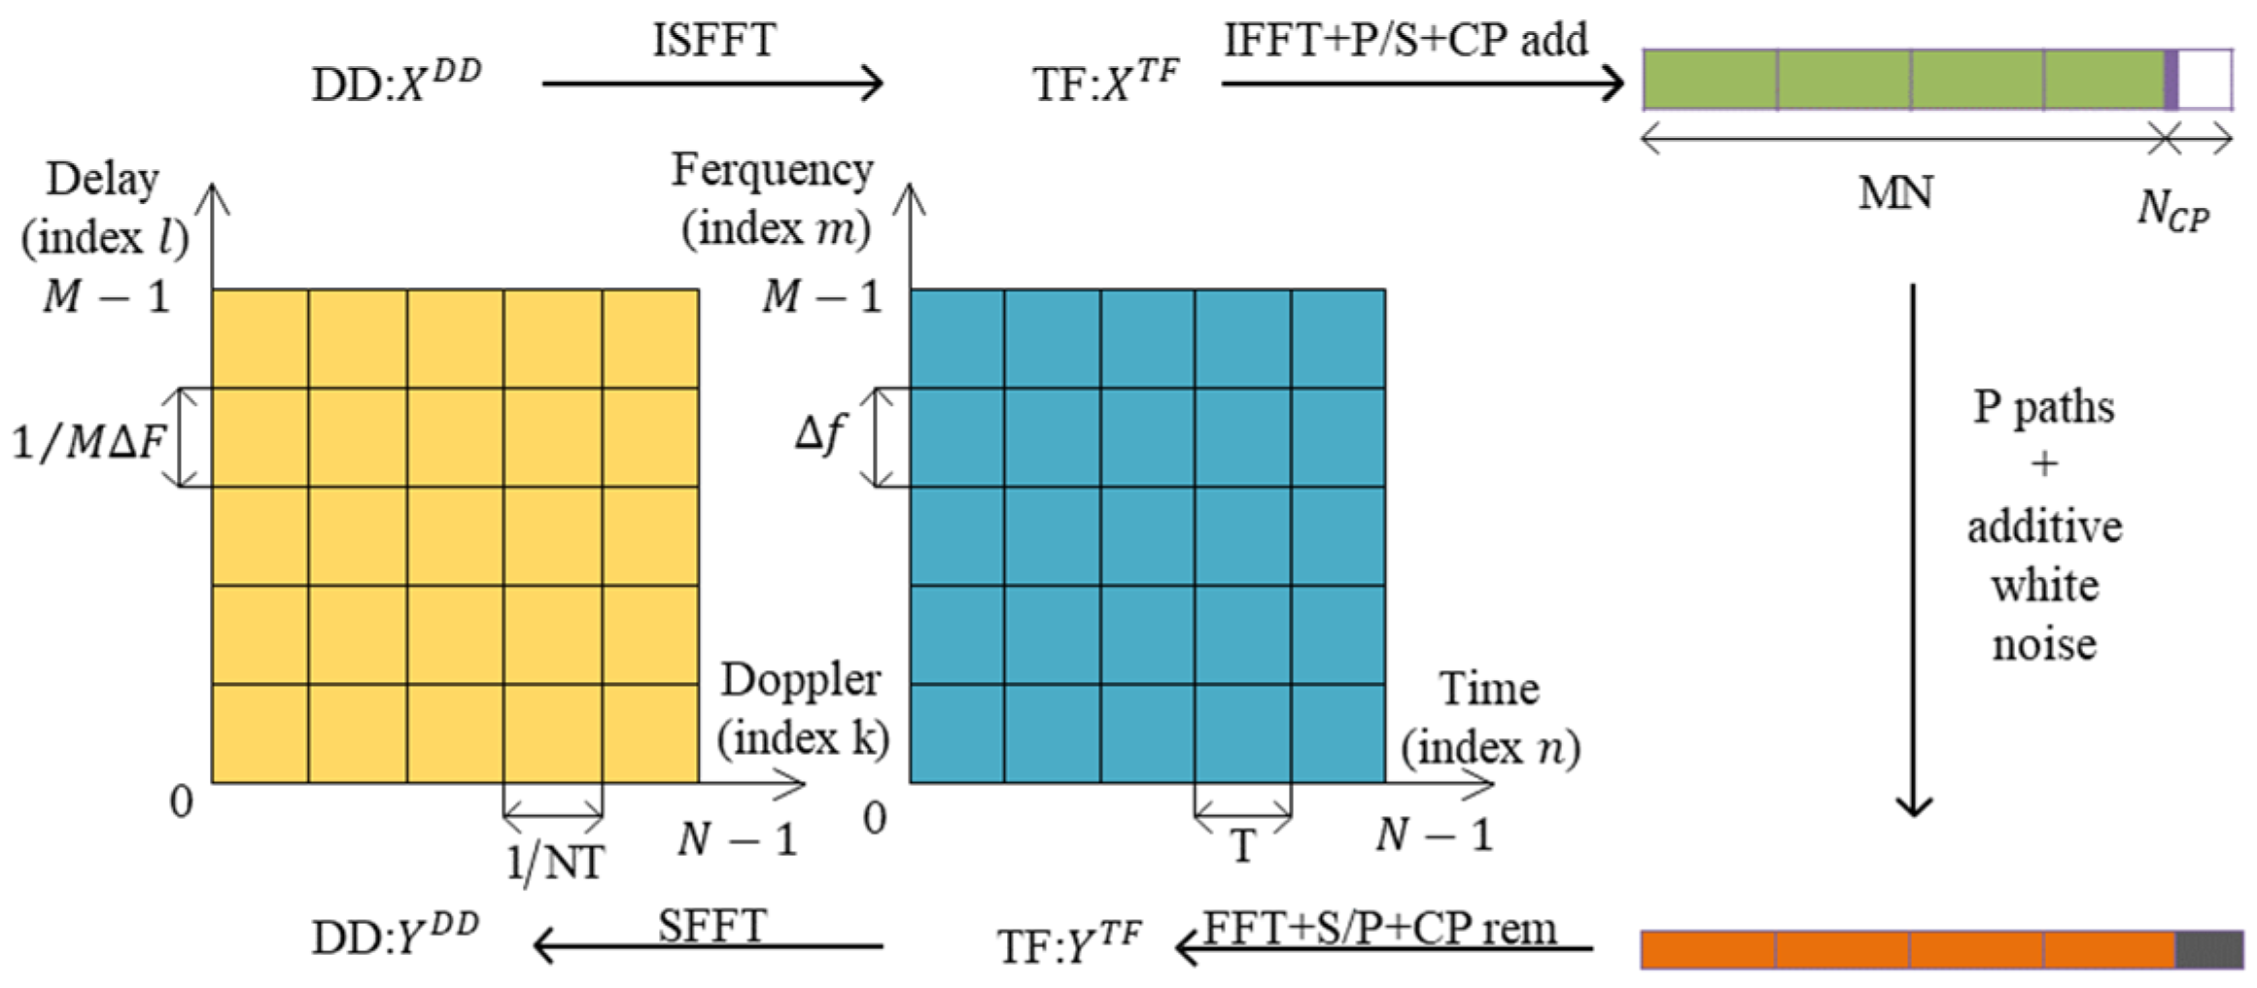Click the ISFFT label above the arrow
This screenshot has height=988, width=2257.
point(713,41)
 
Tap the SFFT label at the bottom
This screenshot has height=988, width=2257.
point(712,926)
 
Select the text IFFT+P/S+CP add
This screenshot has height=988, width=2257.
point(1406,41)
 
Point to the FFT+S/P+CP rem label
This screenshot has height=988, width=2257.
point(1380,929)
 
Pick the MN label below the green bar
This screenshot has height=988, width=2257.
point(1894,193)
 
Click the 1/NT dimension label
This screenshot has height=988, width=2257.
point(555,862)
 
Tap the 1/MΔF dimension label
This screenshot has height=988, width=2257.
point(88,442)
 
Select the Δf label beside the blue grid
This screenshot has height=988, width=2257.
point(820,433)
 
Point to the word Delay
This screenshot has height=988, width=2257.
point(103,180)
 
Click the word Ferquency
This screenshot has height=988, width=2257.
point(773,171)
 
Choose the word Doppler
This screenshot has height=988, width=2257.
point(801,680)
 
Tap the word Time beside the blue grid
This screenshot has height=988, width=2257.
point(1488,689)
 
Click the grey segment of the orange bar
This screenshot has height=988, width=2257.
point(2208,950)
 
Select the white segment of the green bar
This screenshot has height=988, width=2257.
point(2205,80)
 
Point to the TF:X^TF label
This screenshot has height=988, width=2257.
point(1105,82)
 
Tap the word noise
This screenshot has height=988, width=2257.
point(2044,644)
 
